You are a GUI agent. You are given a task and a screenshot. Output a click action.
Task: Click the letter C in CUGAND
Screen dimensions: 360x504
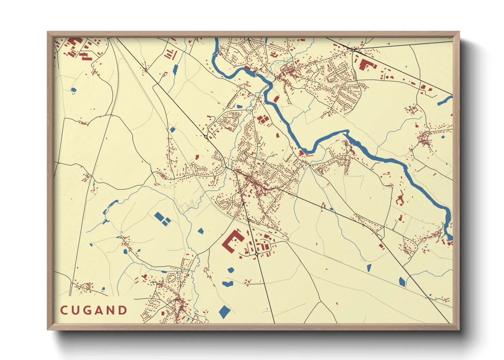point(64,310)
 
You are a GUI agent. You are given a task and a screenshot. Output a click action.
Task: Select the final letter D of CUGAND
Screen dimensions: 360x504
point(123,310)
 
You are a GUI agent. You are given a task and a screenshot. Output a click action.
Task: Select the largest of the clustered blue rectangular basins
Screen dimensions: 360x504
point(159,216)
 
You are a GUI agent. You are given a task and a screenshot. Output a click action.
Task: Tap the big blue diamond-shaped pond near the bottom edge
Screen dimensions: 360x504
point(224,311)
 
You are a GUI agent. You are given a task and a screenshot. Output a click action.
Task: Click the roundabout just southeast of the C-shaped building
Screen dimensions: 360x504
point(256,254)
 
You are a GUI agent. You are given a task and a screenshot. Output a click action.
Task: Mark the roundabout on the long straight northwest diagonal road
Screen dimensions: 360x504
point(206,137)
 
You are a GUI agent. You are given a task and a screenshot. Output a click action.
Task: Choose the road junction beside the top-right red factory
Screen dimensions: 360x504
point(354,50)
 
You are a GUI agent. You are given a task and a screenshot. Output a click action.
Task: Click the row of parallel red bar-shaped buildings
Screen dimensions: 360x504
point(170,54)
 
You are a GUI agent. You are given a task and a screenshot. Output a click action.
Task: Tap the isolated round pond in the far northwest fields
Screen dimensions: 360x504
point(73,90)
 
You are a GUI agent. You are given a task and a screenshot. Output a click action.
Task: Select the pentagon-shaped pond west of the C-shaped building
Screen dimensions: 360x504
point(201,231)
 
